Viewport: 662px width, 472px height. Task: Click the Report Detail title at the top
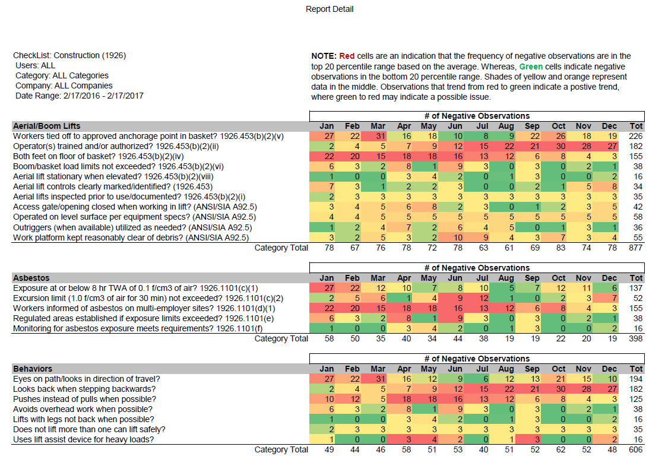pyautogui.click(x=330, y=9)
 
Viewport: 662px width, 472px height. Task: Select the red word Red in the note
pyautogui.click(x=347, y=56)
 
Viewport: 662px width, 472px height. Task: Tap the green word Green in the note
pyautogui.click(x=531, y=66)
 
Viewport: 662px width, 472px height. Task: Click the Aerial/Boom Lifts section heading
pyautogui.click(x=46, y=126)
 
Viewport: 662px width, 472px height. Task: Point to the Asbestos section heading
pyautogui.click(x=31, y=278)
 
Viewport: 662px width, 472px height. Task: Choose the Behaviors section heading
pyautogui.click(x=33, y=369)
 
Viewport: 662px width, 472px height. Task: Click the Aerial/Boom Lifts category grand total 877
pyautogui.click(x=635, y=248)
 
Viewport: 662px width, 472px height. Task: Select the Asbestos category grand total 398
pyautogui.click(x=635, y=338)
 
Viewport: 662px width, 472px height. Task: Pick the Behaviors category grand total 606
pyautogui.click(x=635, y=449)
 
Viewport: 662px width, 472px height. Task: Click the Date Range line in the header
pyautogui.click(x=80, y=96)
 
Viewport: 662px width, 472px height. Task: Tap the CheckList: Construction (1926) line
pyautogui.click(x=69, y=55)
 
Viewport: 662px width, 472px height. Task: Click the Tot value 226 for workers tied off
pyautogui.click(x=635, y=136)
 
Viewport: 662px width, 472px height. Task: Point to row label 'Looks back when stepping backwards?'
pyautogui.click(x=84, y=389)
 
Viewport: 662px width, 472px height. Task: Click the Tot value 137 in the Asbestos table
pyautogui.click(x=635, y=288)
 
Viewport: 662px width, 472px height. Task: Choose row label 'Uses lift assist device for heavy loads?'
pyautogui.click(x=84, y=439)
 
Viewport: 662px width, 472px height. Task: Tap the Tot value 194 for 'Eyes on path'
pyautogui.click(x=635, y=379)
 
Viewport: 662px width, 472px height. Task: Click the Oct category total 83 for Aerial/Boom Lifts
pyautogui.click(x=560, y=248)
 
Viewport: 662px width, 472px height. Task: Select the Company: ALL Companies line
pyautogui.click(x=64, y=85)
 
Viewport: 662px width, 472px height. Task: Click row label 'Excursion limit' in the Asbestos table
pyautogui.click(x=148, y=298)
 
